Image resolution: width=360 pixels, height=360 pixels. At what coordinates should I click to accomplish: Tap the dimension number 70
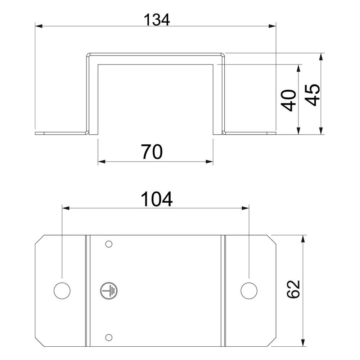[x=152, y=152]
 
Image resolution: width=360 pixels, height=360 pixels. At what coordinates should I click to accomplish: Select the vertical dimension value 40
[x=288, y=100]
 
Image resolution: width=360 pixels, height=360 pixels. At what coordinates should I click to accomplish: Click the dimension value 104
[x=157, y=199]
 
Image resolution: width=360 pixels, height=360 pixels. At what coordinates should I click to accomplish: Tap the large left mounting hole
[x=62, y=291]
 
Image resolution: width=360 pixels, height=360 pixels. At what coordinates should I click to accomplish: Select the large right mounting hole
[x=249, y=291]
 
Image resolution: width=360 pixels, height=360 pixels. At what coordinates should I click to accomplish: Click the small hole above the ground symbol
[x=109, y=244]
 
